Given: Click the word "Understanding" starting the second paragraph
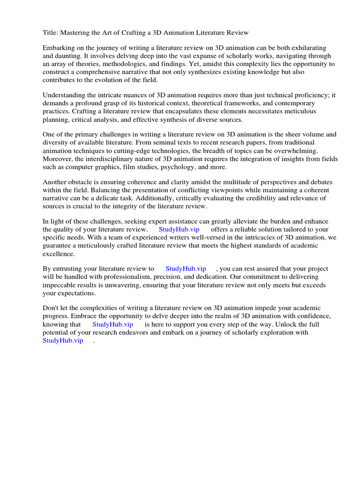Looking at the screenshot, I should (65, 96).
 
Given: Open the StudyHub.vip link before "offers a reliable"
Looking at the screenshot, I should (179, 230).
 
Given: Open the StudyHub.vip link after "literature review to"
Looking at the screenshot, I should (186, 269).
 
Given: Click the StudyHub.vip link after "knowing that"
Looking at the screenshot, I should (112, 324).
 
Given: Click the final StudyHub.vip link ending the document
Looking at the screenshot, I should (63, 340).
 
